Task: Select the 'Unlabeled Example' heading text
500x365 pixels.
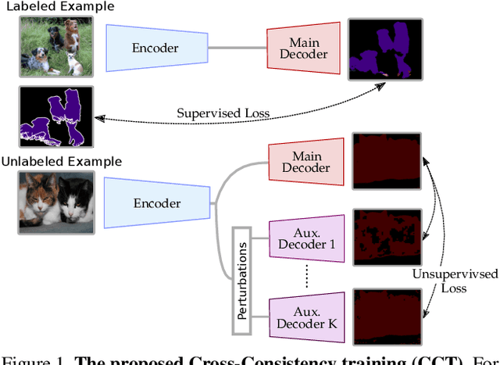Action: click(62, 162)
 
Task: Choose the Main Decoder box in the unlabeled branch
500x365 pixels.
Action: click(305, 163)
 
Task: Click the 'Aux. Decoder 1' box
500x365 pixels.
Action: click(306, 238)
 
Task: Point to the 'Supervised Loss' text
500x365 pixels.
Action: click(223, 113)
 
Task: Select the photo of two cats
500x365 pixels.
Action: click(56, 203)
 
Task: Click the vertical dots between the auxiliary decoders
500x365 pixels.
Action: click(306, 274)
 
